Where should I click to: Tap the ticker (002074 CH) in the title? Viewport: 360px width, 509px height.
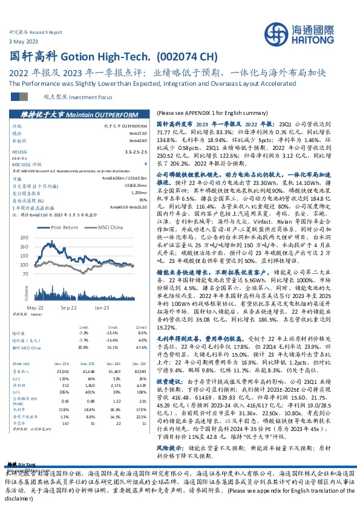pyautogui.click(x=186, y=57)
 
